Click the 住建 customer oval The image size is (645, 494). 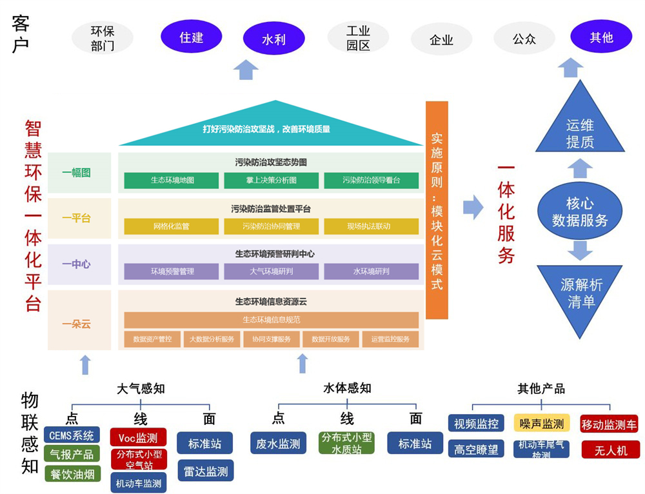[191, 37]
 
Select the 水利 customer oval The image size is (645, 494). [273, 39]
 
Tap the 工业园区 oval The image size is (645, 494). [358, 38]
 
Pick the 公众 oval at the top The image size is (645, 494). [524, 39]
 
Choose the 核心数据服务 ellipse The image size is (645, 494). [580, 212]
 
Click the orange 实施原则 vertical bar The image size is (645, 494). [437, 210]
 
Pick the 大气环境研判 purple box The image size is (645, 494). [271, 272]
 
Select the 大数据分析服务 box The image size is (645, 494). [212, 339]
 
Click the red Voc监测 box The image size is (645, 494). [138, 438]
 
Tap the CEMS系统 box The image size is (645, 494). [72, 435]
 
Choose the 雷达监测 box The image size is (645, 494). [205, 471]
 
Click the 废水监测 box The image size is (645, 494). [277, 444]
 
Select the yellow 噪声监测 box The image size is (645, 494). [542, 424]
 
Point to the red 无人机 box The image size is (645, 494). [610, 450]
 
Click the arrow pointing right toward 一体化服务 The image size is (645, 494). [473, 207]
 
